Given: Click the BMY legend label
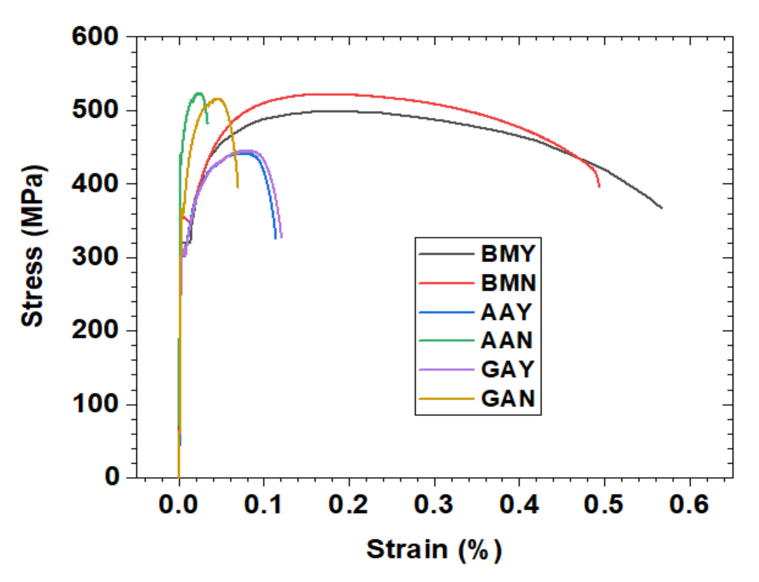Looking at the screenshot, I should pyautogui.click(x=508, y=254).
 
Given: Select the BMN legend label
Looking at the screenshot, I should pyautogui.click(x=508, y=283).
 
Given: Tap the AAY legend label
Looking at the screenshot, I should pyautogui.click(x=506, y=312).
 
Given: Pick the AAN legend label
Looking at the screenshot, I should pyautogui.click(x=506, y=341).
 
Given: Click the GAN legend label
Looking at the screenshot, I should pyautogui.click(x=508, y=399).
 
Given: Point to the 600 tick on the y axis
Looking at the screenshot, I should pyautogui.click(x=95, y=36).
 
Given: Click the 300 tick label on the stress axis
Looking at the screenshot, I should pyautogui.click(x=95, y=257).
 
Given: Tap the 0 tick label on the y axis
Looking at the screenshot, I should pyautogui.click(x=112, y=477).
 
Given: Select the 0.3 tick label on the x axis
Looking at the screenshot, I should pyautogui.click(x=434, y=504).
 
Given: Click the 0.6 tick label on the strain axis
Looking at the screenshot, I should pyautogui.click(x=689, y=504).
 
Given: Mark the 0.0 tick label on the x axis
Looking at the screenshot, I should pyautogui.click(x=178, y=504).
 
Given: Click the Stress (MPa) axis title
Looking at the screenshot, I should pyautogui.click(x=33, y=246).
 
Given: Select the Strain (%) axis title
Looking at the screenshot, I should pyautogui.click(x=434, y=550).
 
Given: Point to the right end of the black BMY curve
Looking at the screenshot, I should pyautogui.click(x=662, y=208).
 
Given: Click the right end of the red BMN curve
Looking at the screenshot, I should pyautogui.click(x=600, y=186).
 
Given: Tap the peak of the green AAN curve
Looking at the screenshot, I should pyautogui.click(x=199, y=93).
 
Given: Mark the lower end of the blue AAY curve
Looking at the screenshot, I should pyautogui.click(x=276, y=238).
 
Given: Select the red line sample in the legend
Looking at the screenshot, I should pyautogui.click(x=446, y=283).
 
